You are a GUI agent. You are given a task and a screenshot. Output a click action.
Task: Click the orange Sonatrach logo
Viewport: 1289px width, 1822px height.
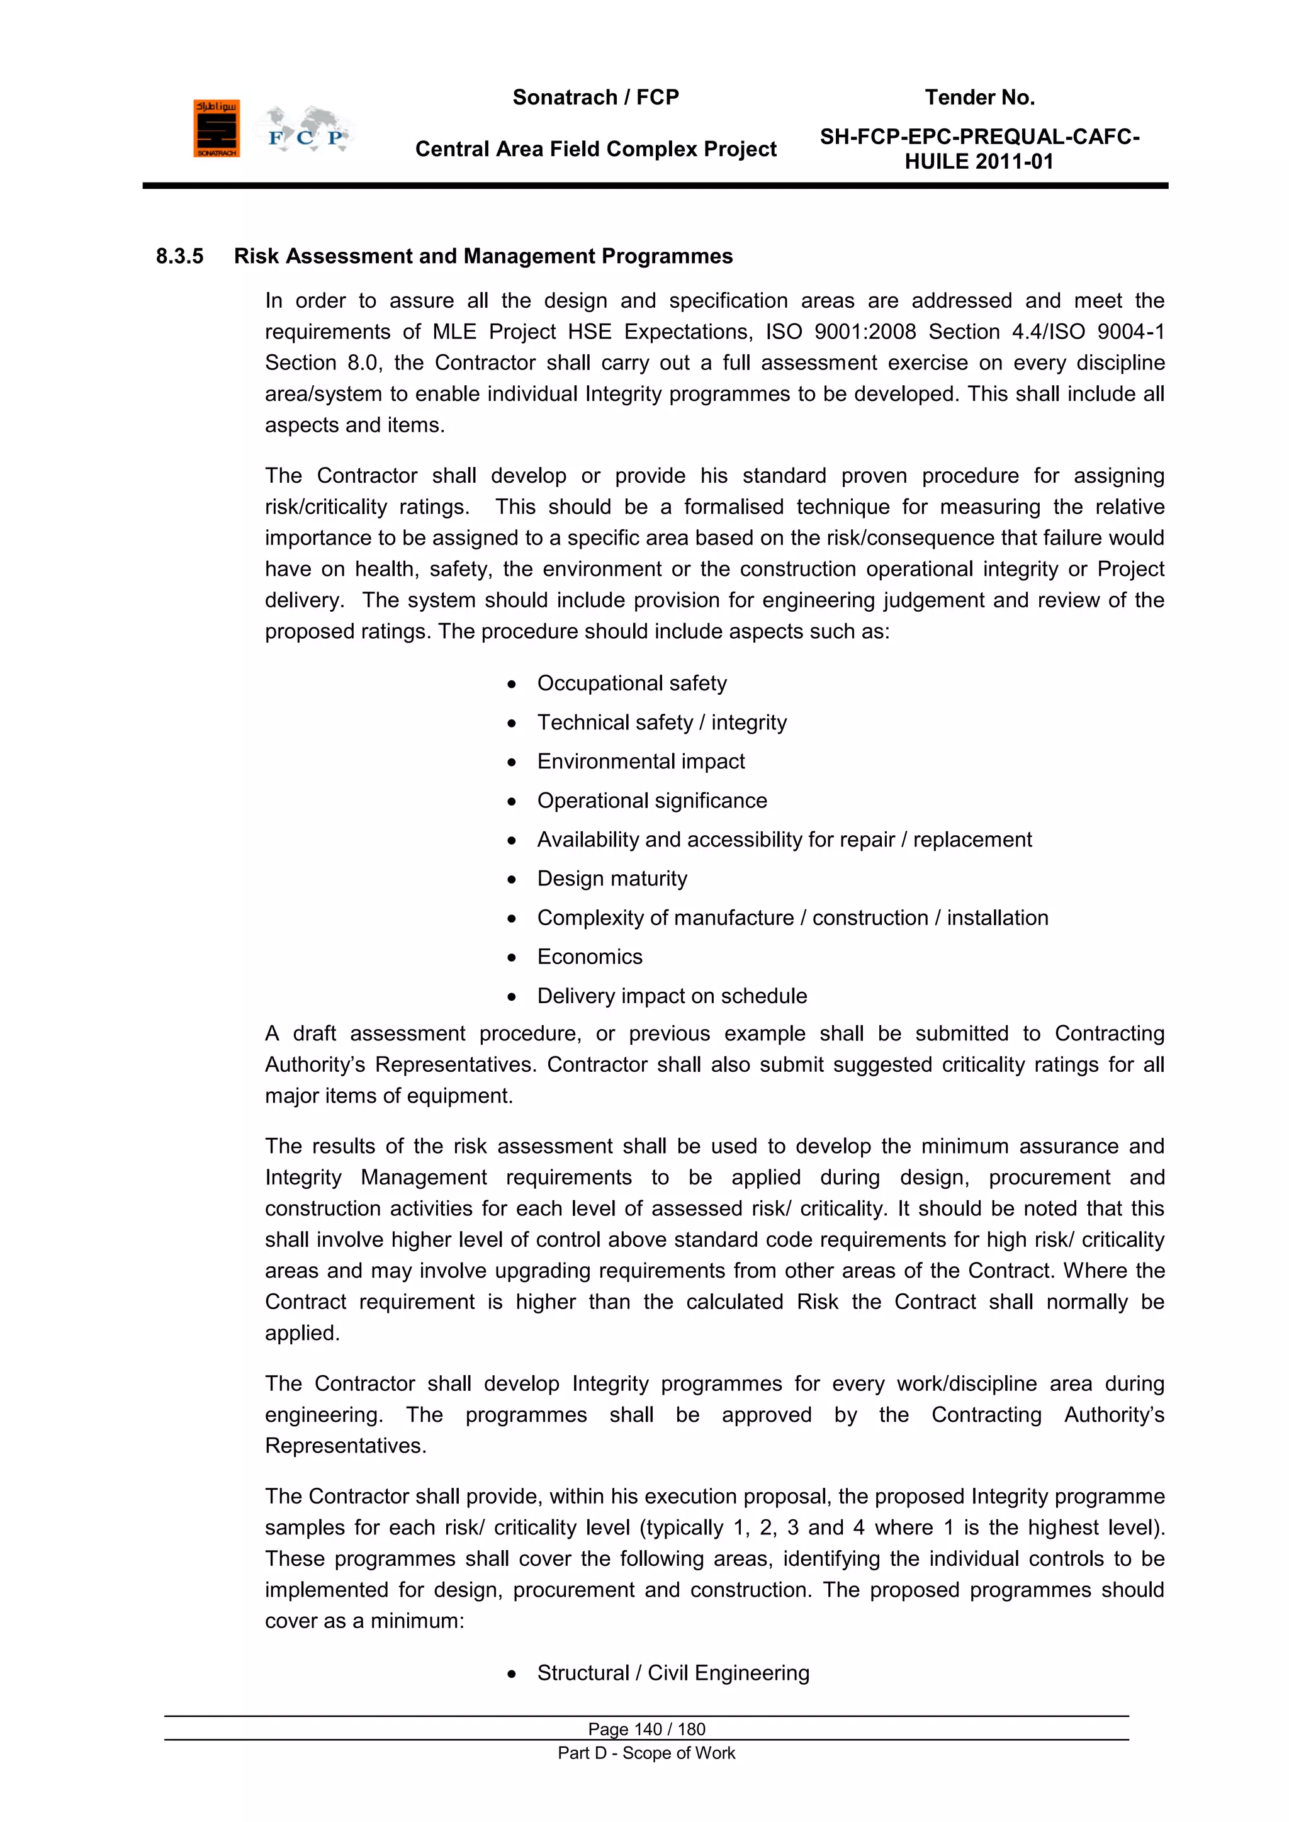pyautogui.click(x=216, y=128)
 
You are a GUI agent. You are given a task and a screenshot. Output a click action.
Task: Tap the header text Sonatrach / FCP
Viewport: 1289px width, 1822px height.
pyautogui.click(x=595, y=98)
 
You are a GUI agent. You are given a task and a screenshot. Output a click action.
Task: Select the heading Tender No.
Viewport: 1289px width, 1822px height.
pyautogui.click(x=979, y=98)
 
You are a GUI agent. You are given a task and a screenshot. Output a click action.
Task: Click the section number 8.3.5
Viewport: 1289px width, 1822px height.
pyautogui.click(x=179, y=256)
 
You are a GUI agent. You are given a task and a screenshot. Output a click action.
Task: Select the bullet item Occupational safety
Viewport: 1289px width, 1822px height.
pyautogui.click(x=632, y=683)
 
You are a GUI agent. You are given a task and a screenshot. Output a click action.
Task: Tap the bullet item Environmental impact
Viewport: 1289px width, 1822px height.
pyautogui.click(x=641, y=762)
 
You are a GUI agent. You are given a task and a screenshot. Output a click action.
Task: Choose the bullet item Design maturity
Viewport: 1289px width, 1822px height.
pyautogui.click(x=612, y=879)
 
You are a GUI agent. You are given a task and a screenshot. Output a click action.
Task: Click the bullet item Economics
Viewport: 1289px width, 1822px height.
pyautogui.click(x=590, y=957)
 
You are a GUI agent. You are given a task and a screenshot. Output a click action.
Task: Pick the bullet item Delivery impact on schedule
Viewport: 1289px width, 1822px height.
pyautogui.click(x=672, y=996)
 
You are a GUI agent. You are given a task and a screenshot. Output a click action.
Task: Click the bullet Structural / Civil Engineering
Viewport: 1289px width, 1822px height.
pyautogui.click(x=673, y=1673)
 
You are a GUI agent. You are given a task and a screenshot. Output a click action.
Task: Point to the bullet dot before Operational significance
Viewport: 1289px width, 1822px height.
pyautogui.click(x=512, y=801)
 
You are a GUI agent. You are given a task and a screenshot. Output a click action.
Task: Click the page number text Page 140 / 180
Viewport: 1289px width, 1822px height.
pyautogui.click(x=646, y=1729)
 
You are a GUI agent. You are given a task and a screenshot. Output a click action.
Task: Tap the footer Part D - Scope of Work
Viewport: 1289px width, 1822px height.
pyautogui.click(x=646, y=1753)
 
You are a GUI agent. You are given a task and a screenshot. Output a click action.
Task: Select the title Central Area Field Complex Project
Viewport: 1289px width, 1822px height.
pyautogui.click(x=595, y=149)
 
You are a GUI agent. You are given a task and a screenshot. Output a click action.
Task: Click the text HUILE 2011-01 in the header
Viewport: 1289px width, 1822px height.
pyautogui.click(x=979, y=162)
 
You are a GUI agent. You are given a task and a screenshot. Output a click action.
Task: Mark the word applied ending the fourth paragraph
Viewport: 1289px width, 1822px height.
pyautogui.click(x=301, y=1333)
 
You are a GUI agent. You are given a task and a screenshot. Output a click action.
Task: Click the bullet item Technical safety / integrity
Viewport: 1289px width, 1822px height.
pyautogui.click(x=662, y=723)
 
